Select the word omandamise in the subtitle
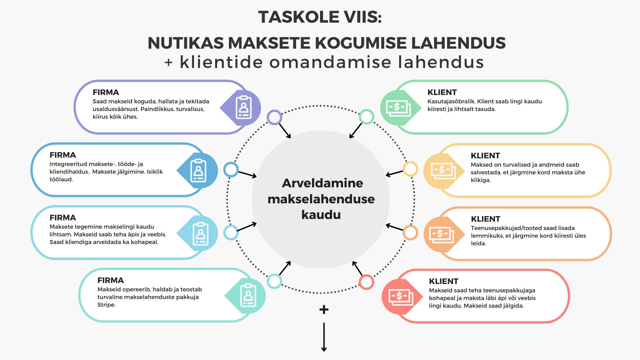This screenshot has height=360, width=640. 330,62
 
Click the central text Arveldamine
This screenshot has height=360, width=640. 322,183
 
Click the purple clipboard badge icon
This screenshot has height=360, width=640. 244,107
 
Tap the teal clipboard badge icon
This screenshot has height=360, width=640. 248,295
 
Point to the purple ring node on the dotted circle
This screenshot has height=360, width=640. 274,117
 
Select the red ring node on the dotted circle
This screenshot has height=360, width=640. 366,282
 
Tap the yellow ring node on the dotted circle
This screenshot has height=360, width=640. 410,169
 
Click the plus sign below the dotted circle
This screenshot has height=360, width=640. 324,310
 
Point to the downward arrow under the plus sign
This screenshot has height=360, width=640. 324,337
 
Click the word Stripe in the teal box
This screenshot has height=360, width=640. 106,305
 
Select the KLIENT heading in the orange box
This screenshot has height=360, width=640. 486,219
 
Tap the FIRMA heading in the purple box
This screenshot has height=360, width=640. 106,92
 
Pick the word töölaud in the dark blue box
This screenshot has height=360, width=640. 61,179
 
